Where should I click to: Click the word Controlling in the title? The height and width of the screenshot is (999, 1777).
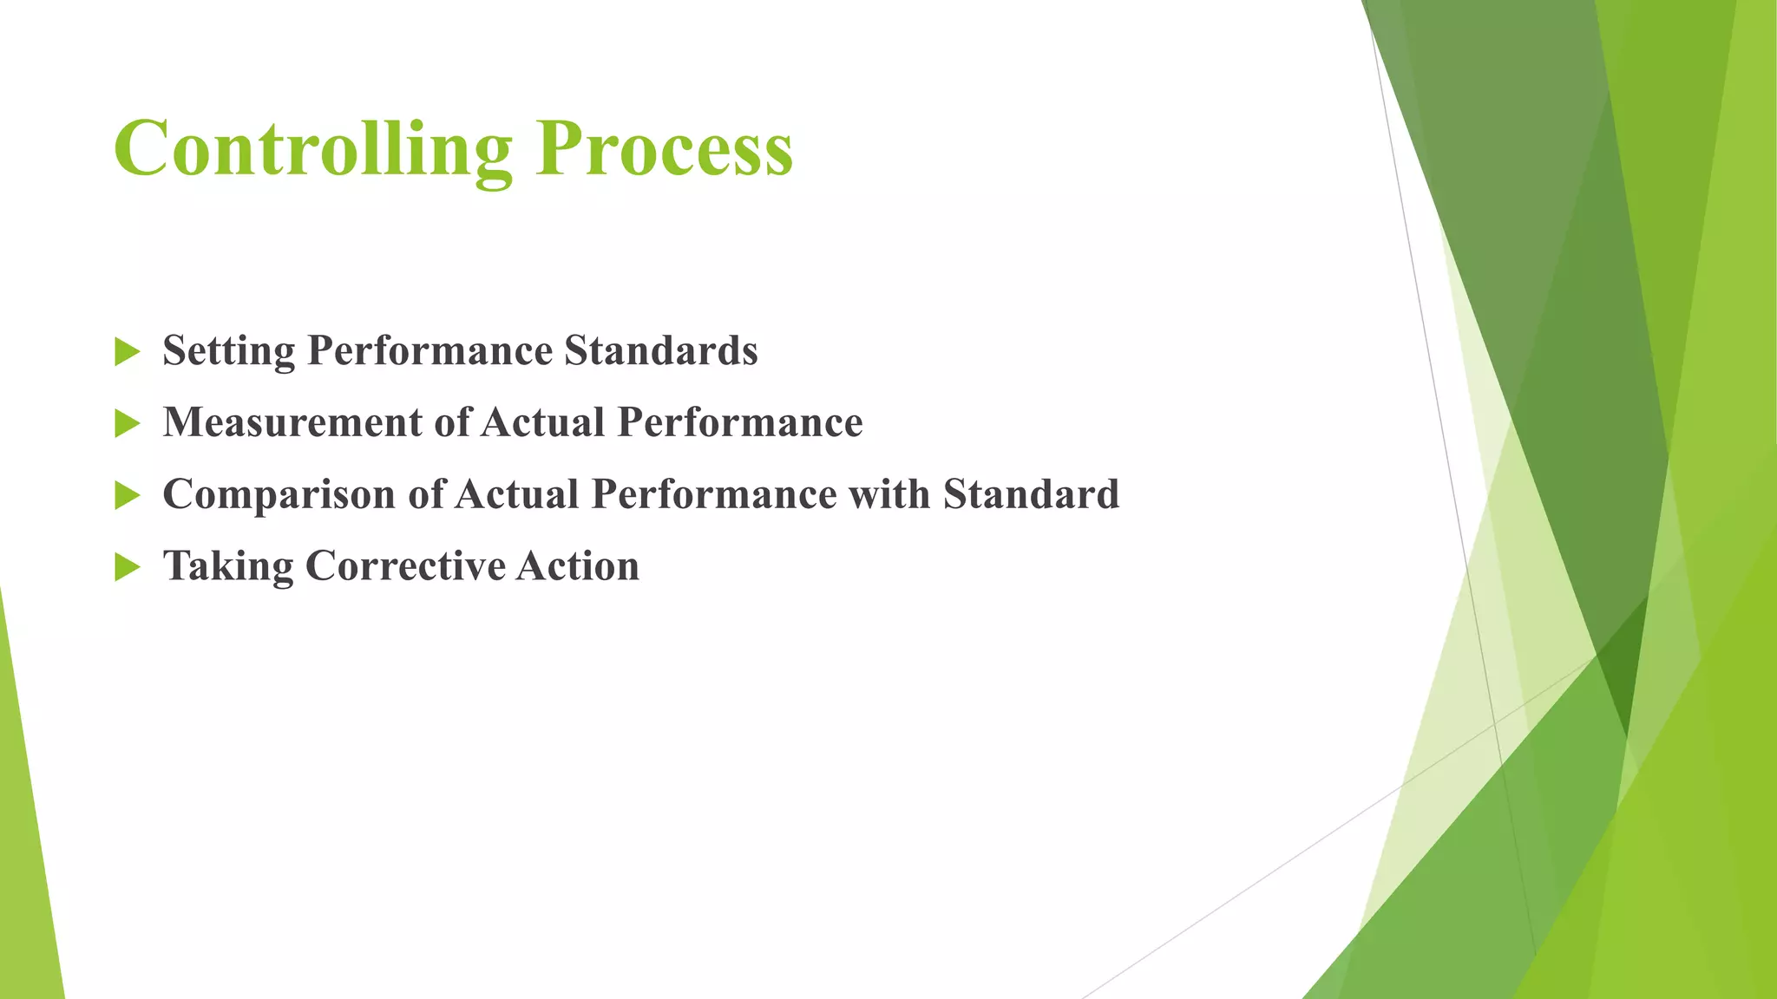[313, 149]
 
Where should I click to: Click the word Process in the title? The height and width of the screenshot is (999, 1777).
[664, 149]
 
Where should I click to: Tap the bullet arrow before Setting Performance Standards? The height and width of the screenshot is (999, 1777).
[127, 352]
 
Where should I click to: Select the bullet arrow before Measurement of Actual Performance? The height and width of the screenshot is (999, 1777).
[127, 424]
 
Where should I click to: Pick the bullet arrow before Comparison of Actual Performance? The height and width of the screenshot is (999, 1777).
[127, 496]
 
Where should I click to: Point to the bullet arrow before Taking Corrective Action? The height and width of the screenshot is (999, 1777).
[127, 568]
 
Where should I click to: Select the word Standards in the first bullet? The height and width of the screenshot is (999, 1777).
[661, 350]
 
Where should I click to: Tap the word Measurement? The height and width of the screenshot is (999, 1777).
[292, 422]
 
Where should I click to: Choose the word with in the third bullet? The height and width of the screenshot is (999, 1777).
[889, 493]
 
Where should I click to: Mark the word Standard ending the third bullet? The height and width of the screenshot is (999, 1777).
[1031, 493]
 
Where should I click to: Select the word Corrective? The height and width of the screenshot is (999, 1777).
[405, 565]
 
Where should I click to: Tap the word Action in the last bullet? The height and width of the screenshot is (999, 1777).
[578, 565]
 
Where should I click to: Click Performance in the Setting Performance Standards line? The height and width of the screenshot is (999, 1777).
[429, 350]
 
